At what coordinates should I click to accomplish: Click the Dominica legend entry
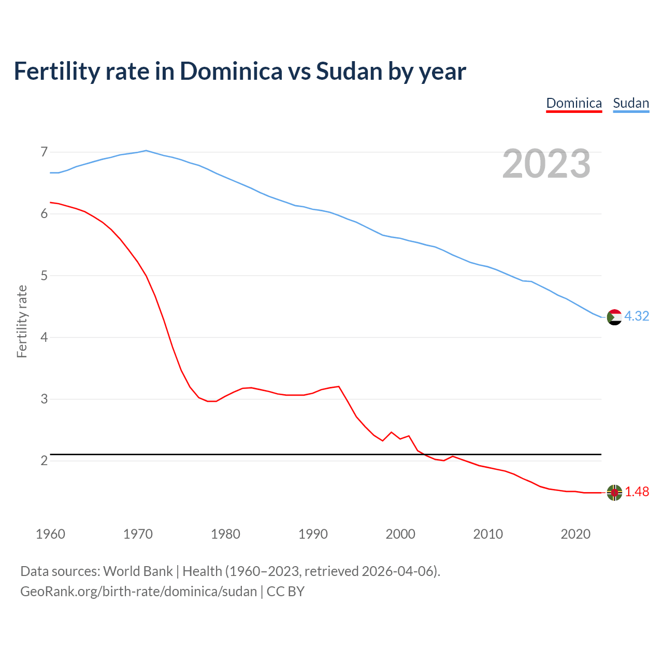[574, 103]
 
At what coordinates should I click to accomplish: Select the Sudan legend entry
[631, 103]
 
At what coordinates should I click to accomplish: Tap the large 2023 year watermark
[546, 164]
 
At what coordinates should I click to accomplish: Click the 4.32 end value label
[637, 316]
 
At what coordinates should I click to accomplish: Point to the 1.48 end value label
[637, 492]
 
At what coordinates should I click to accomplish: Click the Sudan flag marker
[614, 317]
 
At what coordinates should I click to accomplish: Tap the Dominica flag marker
[614, 493]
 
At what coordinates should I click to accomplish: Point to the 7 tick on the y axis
[44, 152]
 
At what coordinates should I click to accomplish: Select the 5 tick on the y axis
[44, 276]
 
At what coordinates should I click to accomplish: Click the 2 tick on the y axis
[44, 460]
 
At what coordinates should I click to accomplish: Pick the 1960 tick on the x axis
[50, 534]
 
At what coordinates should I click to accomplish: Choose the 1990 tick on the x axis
[313, 534]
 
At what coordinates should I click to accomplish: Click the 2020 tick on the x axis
[575, 534]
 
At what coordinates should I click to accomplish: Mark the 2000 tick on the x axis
[400, 534]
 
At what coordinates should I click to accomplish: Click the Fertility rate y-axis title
[22, 321]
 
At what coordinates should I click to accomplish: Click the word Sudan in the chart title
[349, 71]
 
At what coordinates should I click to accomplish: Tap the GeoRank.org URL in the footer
[138, 592]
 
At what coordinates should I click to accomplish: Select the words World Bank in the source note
[138, 571]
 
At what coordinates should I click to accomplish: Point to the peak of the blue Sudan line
[146, 150]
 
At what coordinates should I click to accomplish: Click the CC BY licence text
[285, 592]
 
